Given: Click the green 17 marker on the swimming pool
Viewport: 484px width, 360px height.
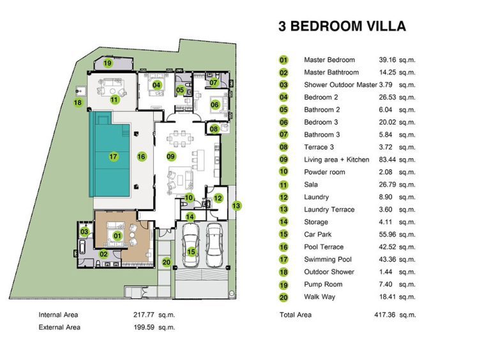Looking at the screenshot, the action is tap(113, 157).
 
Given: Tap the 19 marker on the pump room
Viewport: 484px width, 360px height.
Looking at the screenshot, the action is tap(107, 63).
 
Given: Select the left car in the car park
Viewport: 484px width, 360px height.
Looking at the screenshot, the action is tap(191, 244).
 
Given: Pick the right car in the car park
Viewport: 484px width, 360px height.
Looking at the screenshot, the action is tap(214, 245).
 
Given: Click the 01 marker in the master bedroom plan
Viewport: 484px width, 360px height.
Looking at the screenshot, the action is tap(117, 236).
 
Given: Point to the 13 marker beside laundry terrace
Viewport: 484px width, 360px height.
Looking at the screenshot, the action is tap(236, 206).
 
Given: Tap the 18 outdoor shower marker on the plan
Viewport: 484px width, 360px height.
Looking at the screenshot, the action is tap(78, 102).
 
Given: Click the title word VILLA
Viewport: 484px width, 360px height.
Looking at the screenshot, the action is tap(386, 26).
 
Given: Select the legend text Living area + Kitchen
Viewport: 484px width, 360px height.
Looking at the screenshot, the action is tap(337, 160).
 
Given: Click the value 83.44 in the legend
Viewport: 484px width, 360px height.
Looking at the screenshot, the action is tap(388, 160).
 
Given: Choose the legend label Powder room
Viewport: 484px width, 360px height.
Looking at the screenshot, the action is tap(324, 172).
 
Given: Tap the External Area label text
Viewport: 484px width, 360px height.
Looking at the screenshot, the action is tap(59, 327).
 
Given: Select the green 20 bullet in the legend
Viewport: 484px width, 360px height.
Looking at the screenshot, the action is tap(284, 297).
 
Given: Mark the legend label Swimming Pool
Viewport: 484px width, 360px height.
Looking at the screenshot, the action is tap(328, 259).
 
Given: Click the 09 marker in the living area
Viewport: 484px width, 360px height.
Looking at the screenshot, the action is tap(170, 156).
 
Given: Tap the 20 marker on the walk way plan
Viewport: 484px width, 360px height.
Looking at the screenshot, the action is tap(167, 262).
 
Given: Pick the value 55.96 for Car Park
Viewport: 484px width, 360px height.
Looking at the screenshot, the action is tap(388, 234).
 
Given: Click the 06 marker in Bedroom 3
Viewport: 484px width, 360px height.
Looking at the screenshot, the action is tap(215, 105).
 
